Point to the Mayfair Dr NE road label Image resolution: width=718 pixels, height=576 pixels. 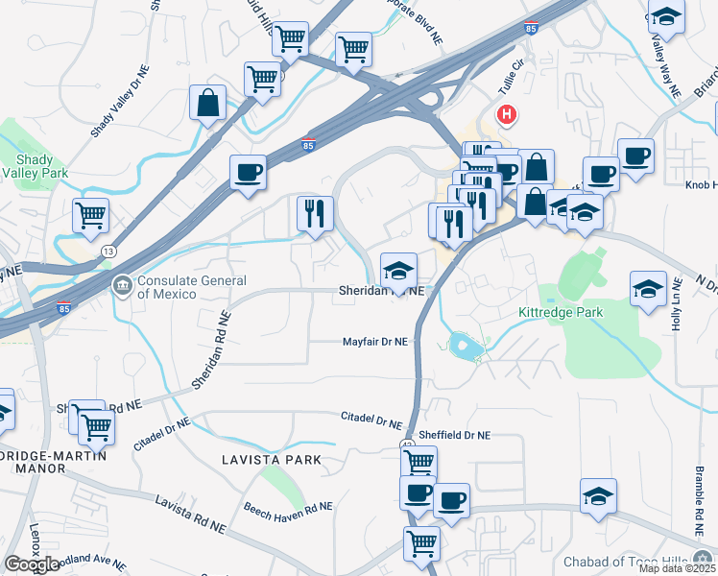pos(376,342)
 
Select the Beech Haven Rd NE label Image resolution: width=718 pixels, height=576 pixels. pos(287,507)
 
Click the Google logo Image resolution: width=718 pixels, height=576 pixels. pos(32,564)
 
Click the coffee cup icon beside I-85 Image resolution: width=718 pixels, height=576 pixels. pos(248,173)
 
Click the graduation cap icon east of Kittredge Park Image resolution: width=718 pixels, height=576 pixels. pos(648,288)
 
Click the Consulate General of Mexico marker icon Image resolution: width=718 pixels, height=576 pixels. pos(123,286)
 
